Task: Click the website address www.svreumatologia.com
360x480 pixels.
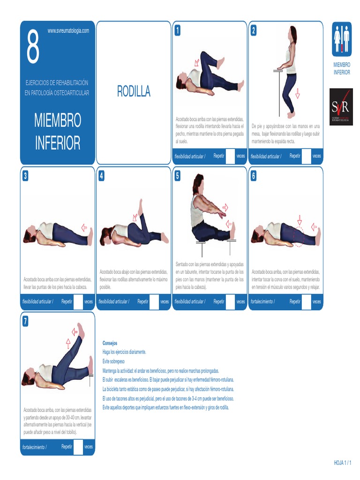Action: pos(68,31)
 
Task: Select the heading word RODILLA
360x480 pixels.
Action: pos(134,92)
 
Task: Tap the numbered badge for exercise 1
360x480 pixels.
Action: pos(178,31)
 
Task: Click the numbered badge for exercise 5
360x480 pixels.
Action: pos(178,176)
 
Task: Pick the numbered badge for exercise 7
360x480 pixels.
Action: pos(25,321)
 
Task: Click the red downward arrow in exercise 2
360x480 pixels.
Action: pos(297,94)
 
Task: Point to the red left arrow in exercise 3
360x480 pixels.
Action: pos(84,228)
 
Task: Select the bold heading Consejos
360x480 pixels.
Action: pos(110,343)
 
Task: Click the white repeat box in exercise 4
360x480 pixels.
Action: pos(154,301)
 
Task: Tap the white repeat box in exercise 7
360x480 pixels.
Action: pos(78,447)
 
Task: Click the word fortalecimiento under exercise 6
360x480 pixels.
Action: pos(263,301)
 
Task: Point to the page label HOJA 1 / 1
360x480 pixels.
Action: pos(342,462)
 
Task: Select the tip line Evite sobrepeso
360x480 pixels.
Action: pos(117,361)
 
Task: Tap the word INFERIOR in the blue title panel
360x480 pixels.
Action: pos(57,142)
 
